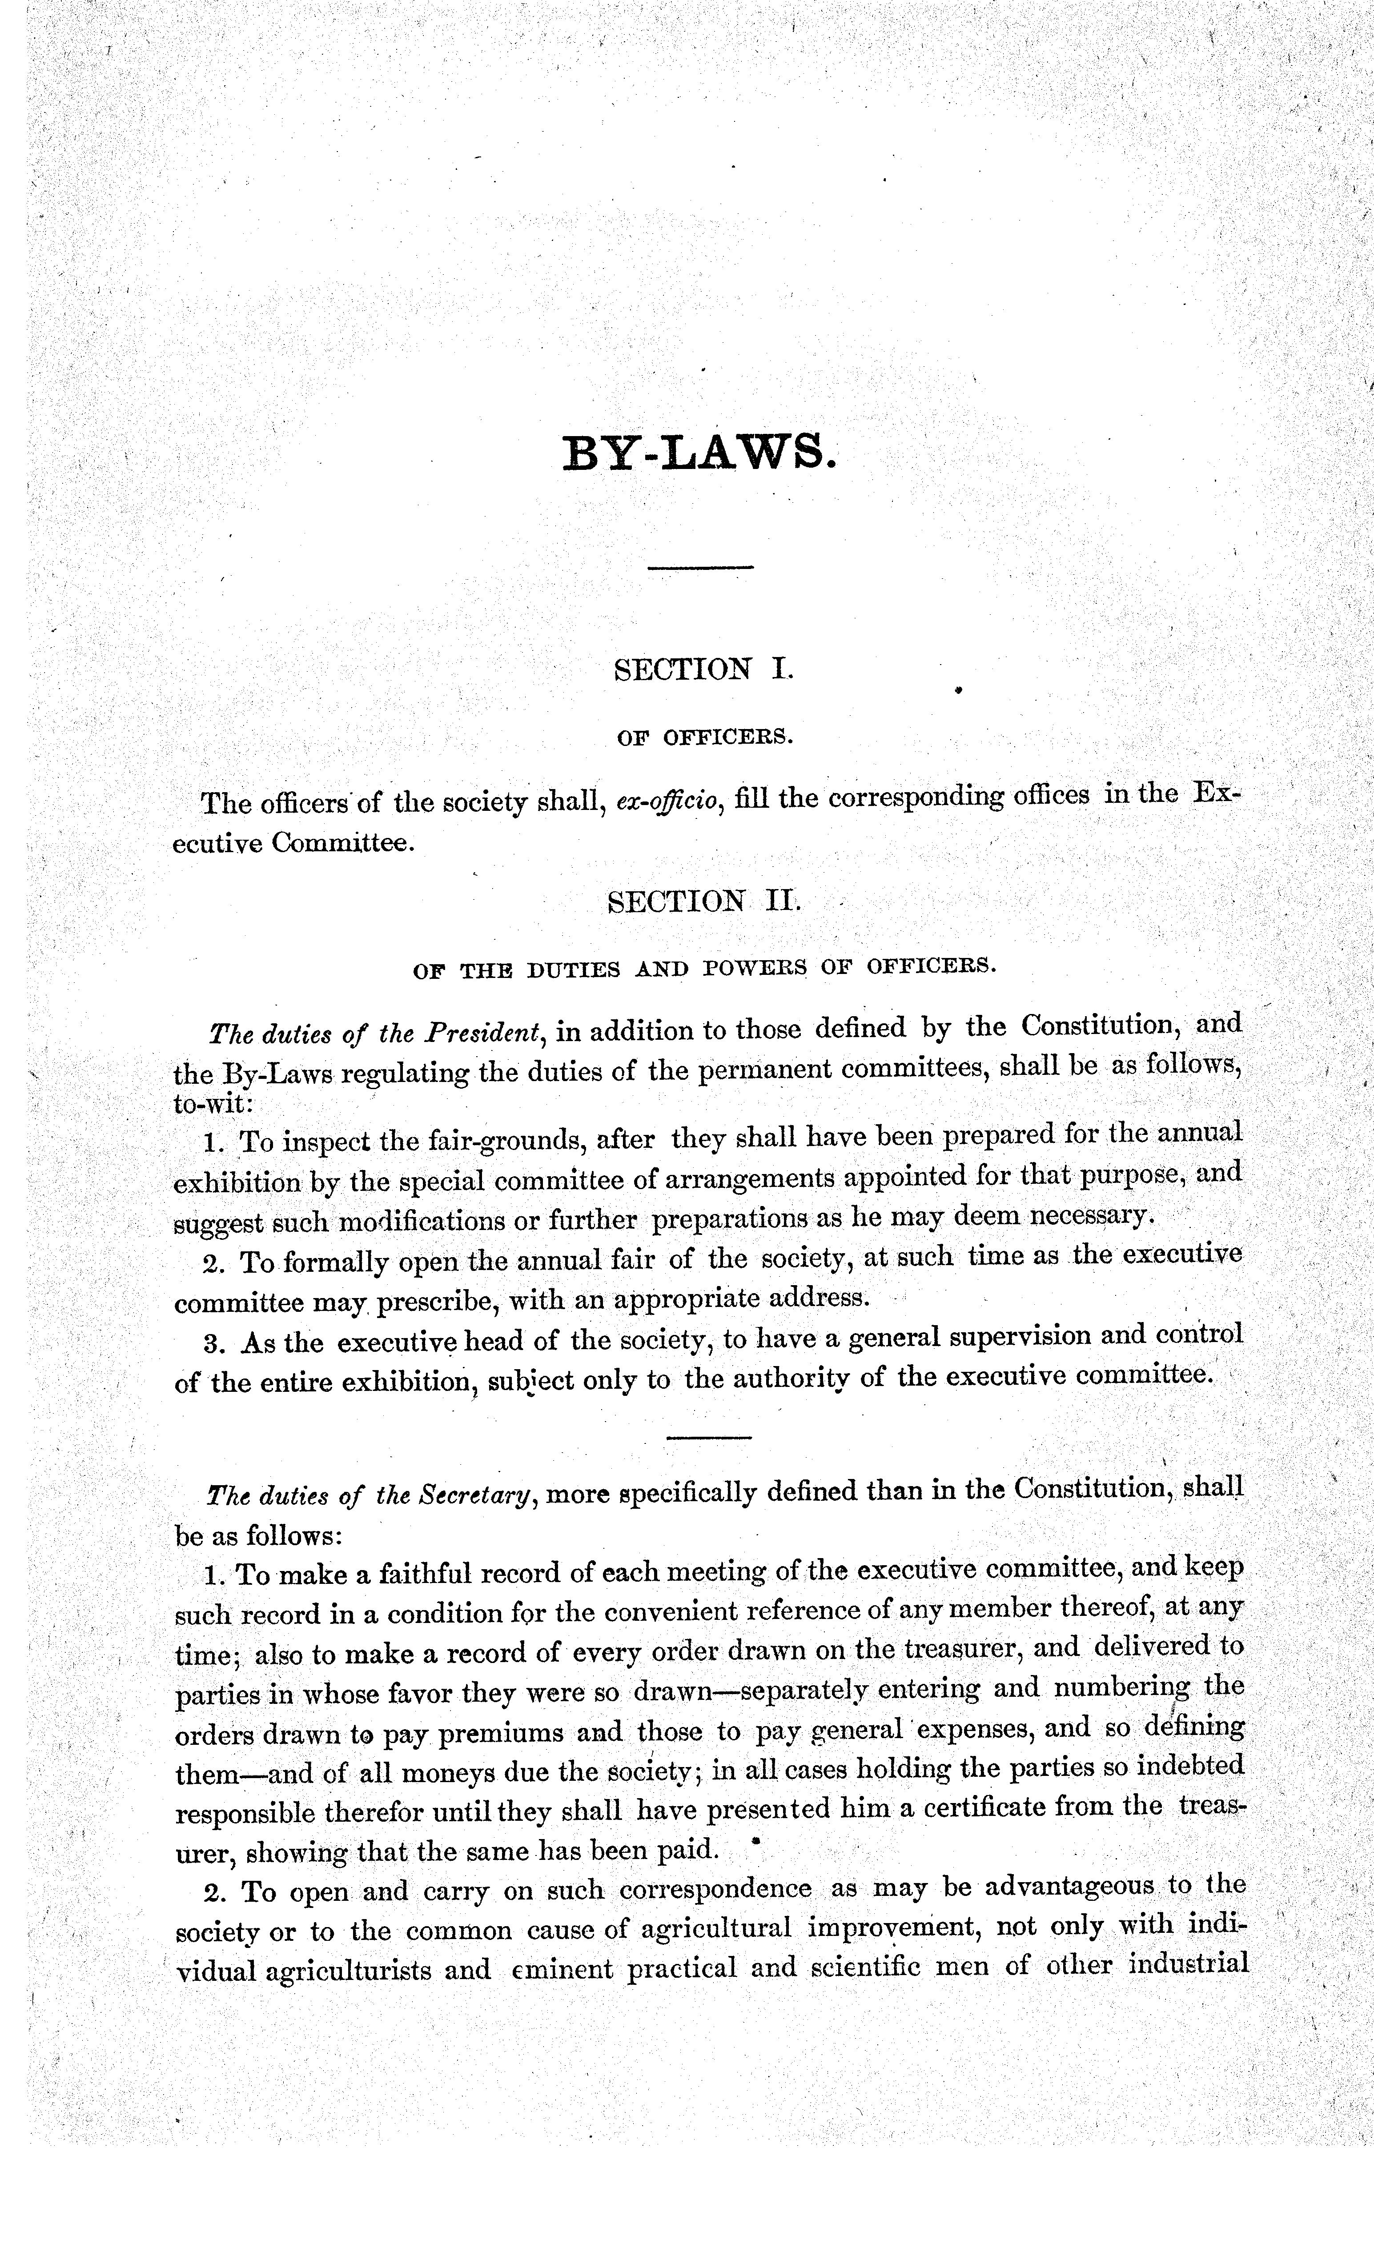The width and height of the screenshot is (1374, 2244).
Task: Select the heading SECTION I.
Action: (x=704, y=670)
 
